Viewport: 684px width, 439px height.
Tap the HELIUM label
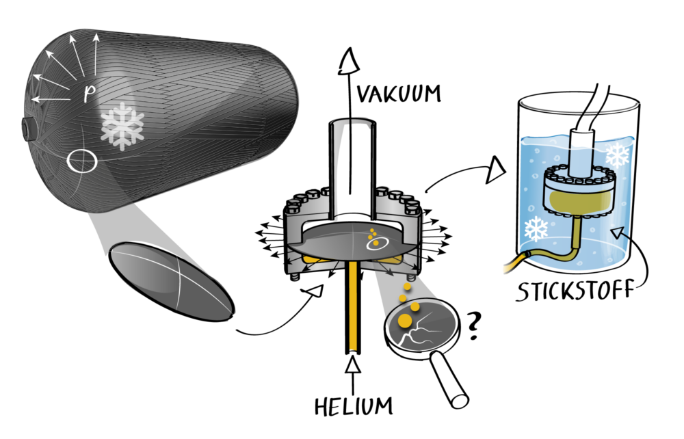354,405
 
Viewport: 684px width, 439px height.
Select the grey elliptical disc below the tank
171,281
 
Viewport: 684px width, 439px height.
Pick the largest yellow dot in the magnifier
405,321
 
